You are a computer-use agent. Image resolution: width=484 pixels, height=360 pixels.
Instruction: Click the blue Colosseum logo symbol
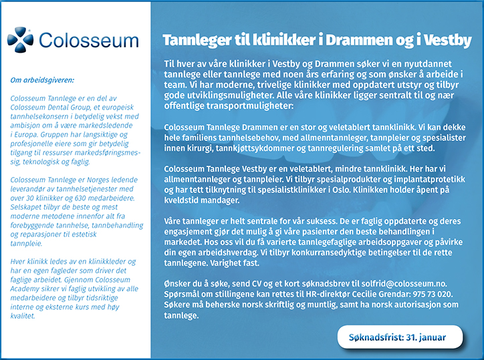[x=20, y=39]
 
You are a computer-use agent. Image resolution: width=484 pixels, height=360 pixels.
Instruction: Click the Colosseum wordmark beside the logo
[x=89, y=41]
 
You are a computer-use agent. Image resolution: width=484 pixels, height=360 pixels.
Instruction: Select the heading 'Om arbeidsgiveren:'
[x=42, y=80]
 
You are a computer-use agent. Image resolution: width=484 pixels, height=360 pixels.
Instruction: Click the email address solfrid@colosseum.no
[x=404, y=284]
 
